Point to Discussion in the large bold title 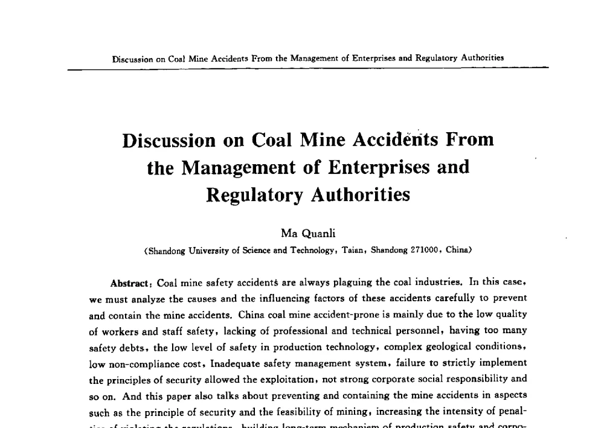(169, 140)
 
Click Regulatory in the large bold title (256, 195)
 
